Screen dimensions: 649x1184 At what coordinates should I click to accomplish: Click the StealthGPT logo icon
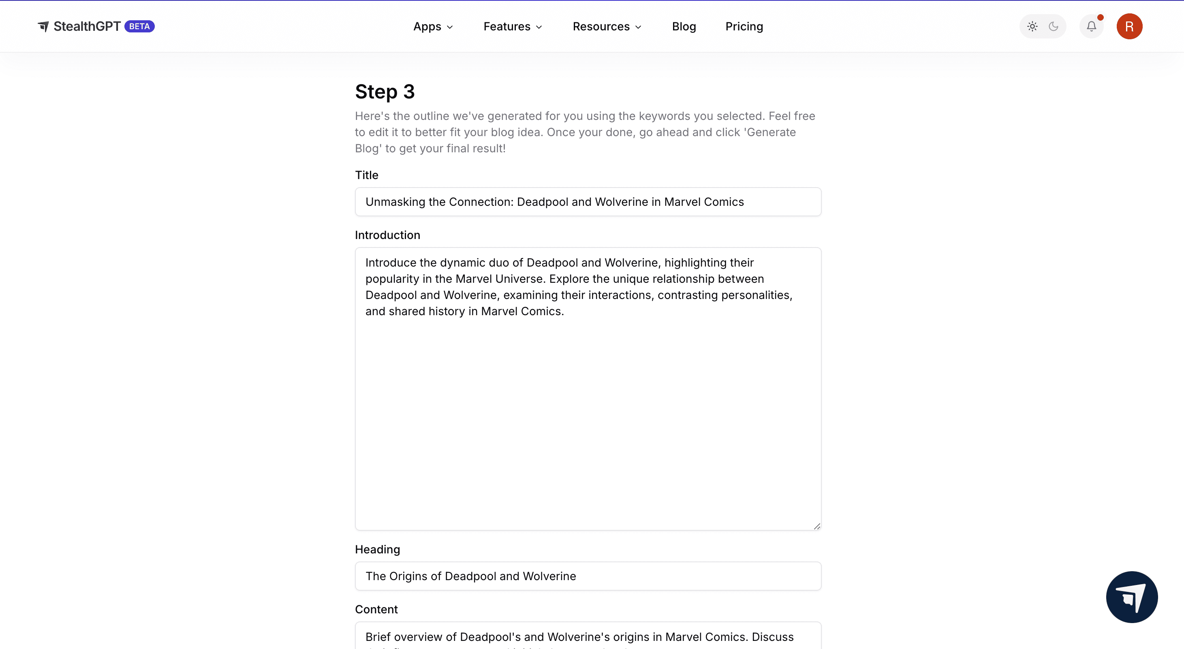pos(43,27)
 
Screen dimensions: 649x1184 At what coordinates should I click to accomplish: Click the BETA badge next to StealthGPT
pos(139,27)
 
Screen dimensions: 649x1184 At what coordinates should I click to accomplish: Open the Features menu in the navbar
pos(513,27)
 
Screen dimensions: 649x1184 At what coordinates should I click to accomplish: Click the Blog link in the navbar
pos(684,27)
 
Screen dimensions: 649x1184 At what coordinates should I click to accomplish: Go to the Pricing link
pos(744,27)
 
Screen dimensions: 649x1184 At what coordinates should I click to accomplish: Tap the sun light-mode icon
pos(1032,27)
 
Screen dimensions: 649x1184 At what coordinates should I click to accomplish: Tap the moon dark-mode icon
pos(1054,27)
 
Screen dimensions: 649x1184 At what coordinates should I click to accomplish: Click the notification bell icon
pos(1092,27)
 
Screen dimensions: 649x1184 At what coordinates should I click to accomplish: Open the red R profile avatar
pos(1129,27)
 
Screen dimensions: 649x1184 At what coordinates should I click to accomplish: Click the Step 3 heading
pos(385,92)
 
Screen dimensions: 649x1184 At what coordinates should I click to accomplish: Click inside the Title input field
pos(588,202)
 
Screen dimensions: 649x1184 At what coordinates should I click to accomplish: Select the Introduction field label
pos(387,235)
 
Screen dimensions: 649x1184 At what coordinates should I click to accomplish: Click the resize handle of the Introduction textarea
pos(817,526)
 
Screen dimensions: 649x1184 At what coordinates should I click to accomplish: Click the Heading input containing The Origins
pos(588,576)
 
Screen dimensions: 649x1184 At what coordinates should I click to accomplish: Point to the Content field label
pos(376,609)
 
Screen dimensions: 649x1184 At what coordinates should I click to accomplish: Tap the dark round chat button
pos(1132,597)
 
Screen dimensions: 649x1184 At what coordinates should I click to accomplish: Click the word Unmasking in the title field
pos(395,202)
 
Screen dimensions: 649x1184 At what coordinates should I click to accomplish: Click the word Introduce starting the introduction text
pos(391,263)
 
